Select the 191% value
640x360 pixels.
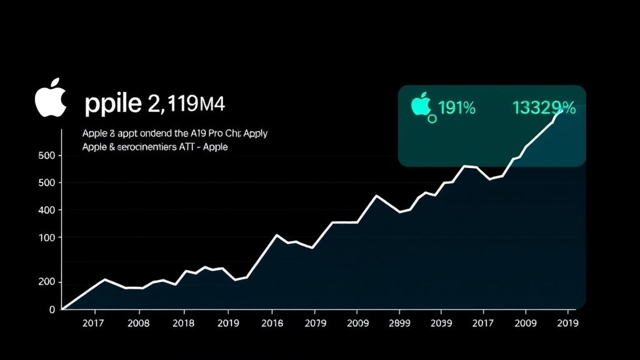[457, 108]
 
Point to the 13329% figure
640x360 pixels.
[544, 108]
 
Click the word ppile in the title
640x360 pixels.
[113, 104]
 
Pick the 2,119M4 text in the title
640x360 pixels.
[186, 104]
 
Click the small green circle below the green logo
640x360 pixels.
[432, 118]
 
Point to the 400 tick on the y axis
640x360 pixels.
[46, 210]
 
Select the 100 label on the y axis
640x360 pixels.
[46, 238]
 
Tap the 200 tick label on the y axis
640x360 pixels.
[46, 282]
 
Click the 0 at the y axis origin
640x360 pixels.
[52, 310]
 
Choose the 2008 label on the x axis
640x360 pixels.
[138, 323]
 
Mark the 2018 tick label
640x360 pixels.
[183, 323]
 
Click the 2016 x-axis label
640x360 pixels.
[272, 323]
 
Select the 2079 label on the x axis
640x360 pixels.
[315, 323]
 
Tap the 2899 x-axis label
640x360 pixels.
[399, 323]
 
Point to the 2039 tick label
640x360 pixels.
[441, 323]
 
